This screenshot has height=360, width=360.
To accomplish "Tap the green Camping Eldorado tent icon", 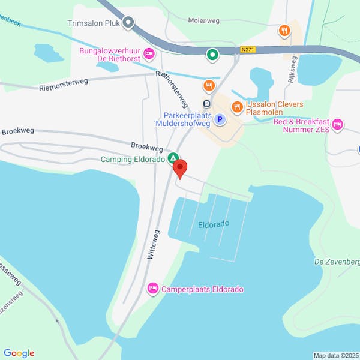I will [173, 158].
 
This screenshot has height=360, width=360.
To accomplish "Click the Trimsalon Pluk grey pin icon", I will [128, 23].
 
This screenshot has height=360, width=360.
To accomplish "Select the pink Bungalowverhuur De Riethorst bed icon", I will [149, 55].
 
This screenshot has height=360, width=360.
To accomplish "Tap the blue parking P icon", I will [220, 119].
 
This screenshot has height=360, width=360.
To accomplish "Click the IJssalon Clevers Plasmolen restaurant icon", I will [238, 107].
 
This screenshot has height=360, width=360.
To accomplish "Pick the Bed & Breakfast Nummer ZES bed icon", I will [337, 124].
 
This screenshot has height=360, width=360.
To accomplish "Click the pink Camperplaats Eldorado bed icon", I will [152, 289].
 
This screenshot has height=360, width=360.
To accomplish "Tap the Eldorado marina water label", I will [214, 224].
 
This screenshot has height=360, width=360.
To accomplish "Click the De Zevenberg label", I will [337, 262].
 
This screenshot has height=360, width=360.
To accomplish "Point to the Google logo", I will [19, 353].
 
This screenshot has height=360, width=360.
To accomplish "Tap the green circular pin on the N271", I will [212, 55].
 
